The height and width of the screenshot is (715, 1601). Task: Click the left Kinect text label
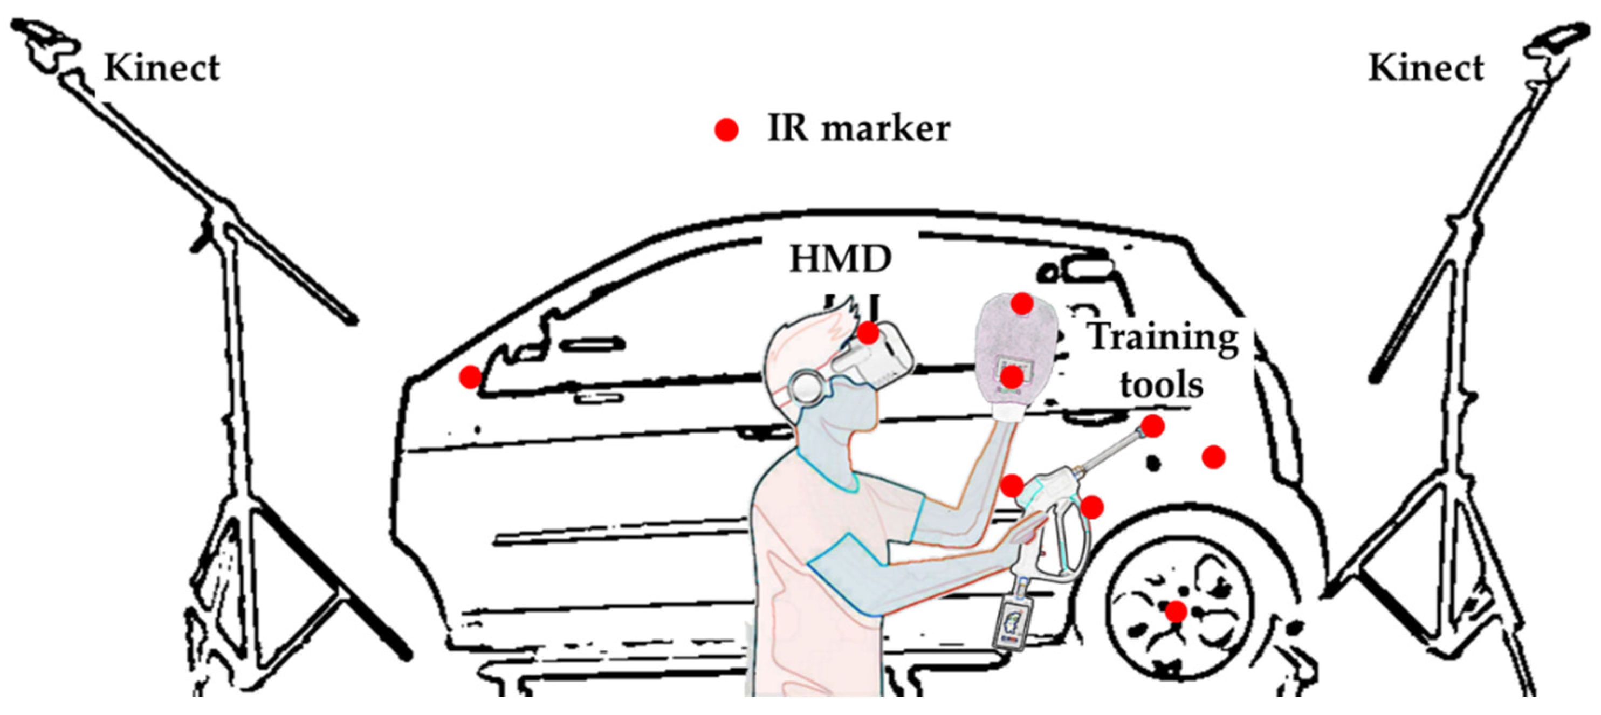click(162, 68)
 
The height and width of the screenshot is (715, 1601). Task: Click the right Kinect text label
click(1426, 68)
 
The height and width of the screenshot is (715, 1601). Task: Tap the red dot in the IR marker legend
click(726, 130)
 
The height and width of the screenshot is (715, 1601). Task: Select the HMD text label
click(840, 259)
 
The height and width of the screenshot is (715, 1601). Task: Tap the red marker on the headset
click(868, 334)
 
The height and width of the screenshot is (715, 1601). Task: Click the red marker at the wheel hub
click(1175, 611)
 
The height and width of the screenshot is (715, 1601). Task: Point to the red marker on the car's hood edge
click(470, 376)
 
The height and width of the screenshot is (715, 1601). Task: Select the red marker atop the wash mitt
click(1022, 304)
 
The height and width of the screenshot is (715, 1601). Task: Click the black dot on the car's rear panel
click(1153, 463)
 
